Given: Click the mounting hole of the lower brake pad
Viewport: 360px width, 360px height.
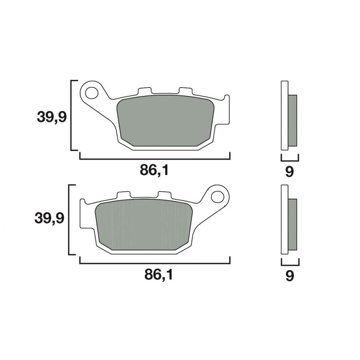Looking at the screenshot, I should (218, 197).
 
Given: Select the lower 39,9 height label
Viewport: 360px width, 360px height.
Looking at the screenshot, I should (49, 219).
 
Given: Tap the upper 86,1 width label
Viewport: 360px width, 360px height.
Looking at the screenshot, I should (155, 171).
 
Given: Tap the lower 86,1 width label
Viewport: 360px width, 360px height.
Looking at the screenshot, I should (155, 274).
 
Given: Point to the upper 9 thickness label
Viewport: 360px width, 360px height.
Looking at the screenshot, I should (289, 171).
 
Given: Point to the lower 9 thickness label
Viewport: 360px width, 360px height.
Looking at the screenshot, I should (289, 275).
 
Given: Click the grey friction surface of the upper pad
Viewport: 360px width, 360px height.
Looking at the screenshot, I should (165, 121).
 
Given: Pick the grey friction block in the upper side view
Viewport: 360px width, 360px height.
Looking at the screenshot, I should (292, 121).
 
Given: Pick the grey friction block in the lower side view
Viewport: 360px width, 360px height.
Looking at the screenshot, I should (292, 225).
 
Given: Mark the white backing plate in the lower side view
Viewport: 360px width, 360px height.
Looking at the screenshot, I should (284, 220).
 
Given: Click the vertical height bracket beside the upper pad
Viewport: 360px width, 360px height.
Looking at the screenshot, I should (72, 115).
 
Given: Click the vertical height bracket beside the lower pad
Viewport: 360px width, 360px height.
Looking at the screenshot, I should (69, 220).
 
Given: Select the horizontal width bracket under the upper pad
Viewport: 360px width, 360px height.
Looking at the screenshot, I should (155, 158).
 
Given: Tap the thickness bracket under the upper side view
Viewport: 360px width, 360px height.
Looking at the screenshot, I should (289, 159).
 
